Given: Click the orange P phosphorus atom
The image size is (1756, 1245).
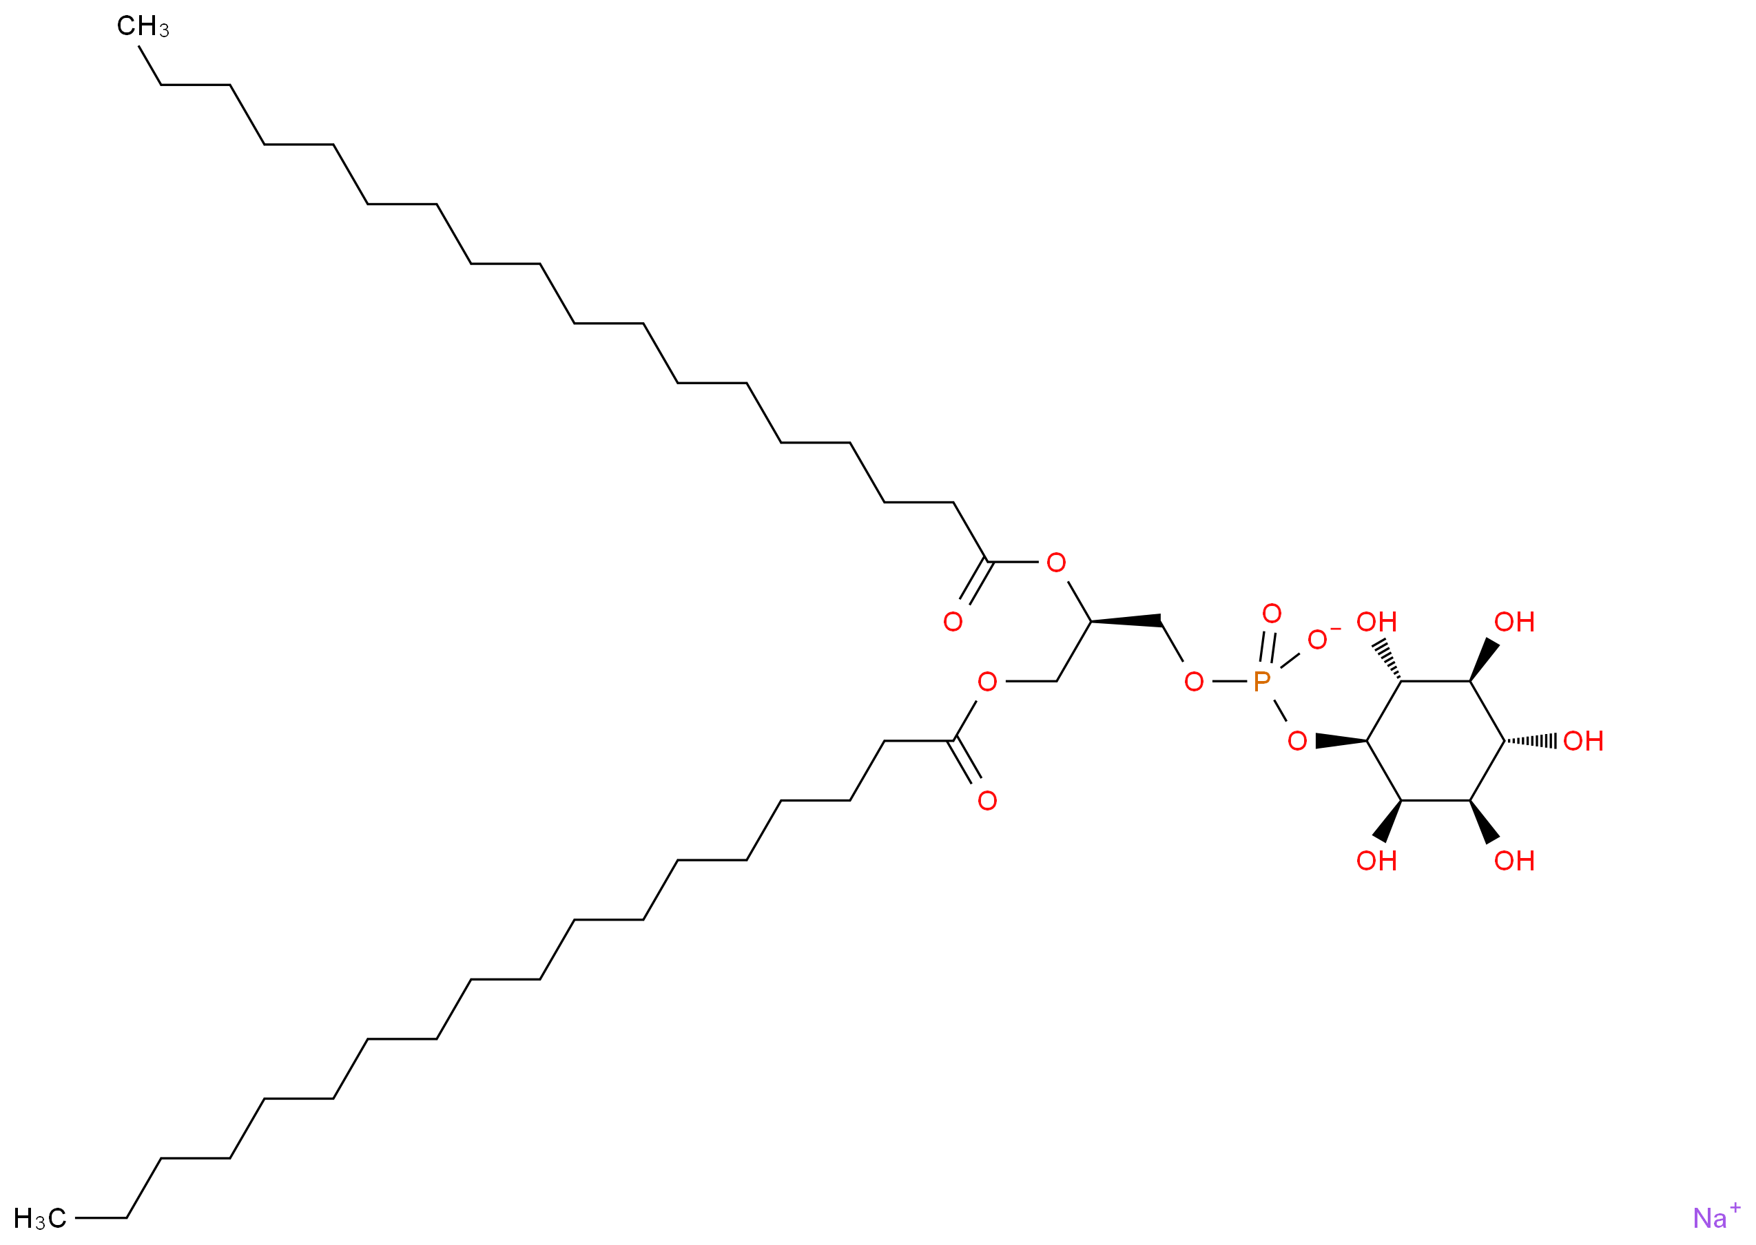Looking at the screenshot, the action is [x=1261, y=681].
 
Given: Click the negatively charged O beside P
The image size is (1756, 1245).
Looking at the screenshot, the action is [x=1316, y=640].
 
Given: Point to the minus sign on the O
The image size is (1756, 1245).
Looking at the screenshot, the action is [x=1335, y=629].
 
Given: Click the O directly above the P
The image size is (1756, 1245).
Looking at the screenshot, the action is [x=1272, y=614].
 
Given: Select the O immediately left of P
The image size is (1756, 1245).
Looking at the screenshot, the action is [x=1193, y=682].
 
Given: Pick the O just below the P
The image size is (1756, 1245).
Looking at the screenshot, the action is [x=1297, y=742].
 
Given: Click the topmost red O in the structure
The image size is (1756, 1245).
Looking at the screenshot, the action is [x=1056, y=563].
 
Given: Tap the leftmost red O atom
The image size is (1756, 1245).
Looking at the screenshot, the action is [x=952, y=622].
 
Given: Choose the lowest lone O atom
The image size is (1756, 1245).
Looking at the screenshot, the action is [x=987, y=801].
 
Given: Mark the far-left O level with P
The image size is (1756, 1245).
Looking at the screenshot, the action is [x=987, y=682].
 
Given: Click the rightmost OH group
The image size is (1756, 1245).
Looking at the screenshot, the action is [x=1582, y=742].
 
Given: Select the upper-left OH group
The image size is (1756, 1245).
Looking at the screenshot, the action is [x=1376, y=622].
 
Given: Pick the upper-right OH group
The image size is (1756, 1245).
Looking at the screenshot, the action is [x=1514, y=622].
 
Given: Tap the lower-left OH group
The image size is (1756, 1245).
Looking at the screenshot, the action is [x=1376, y=861].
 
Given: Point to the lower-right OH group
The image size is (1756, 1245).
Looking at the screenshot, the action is [x=1514, y=861].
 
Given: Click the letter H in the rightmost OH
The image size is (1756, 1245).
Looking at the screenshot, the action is [x=1593, y=742].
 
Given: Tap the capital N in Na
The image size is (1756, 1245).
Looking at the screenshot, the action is [x=1702, y=1218].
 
